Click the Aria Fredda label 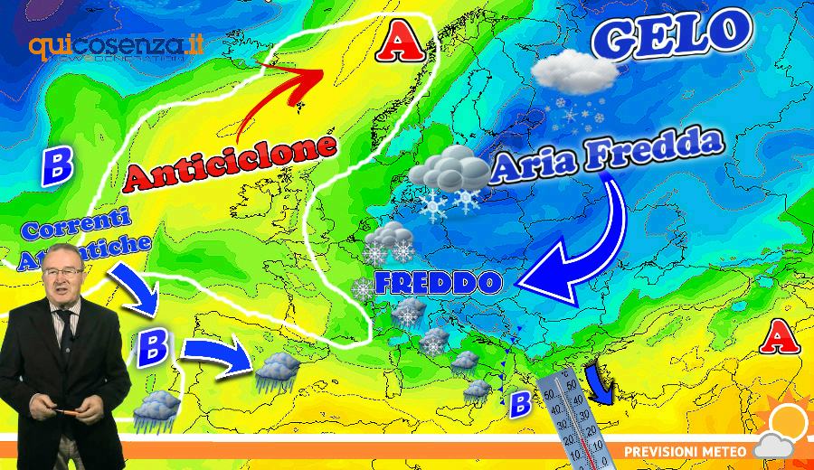(x=609, y=155)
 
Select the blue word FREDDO (x=438, y=283)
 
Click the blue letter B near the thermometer (x=520, y=404)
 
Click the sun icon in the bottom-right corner (x=790, y=420)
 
